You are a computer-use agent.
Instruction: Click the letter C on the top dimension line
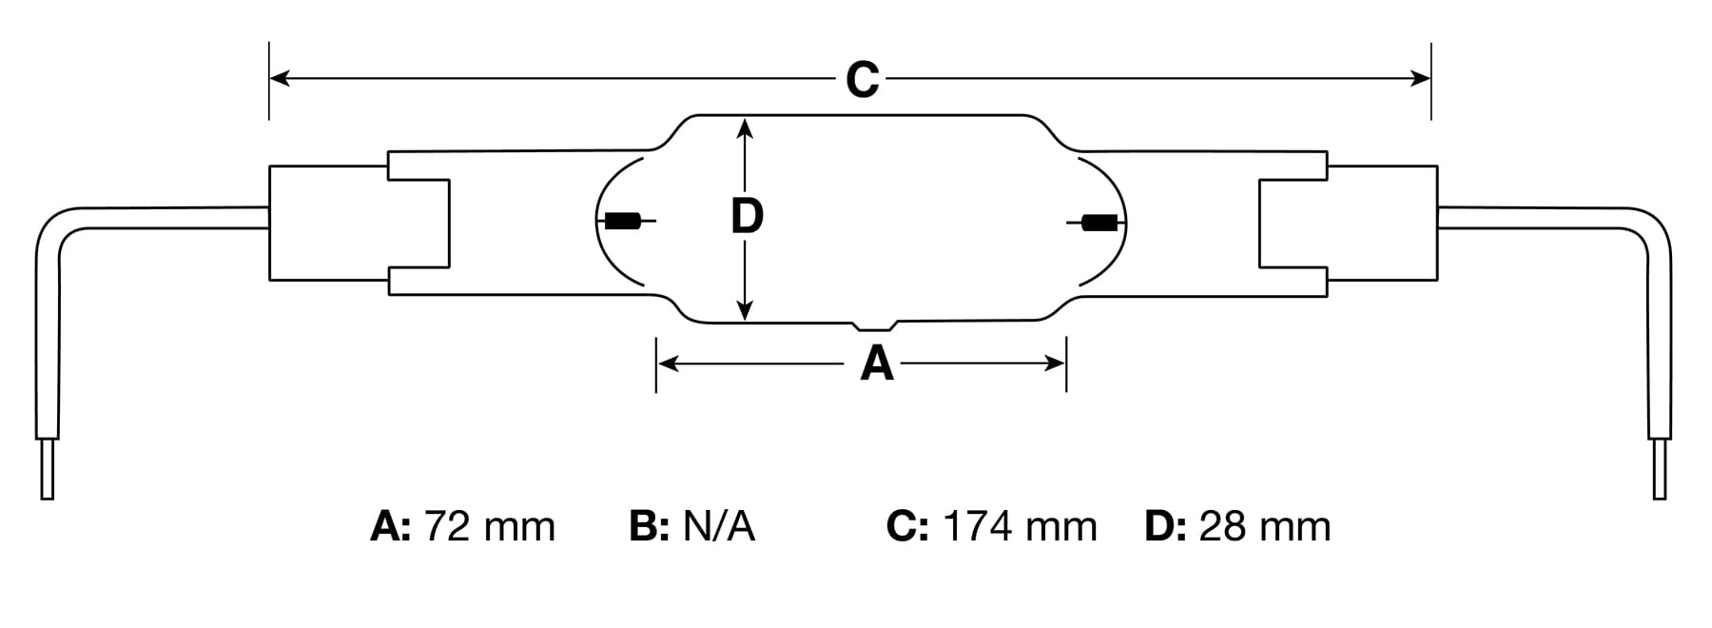click(x=863, y=79)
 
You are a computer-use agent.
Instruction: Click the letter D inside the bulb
click(x=747, y=216)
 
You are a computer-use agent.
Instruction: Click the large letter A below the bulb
click(x=877, y=363)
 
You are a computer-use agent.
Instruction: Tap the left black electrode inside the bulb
click(x=622, y=222)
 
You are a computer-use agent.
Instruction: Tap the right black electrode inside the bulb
click(x=1100, y=224)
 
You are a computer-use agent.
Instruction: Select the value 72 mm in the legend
click(x=489, y=526)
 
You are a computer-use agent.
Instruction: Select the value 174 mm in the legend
click(x=1020, y=526)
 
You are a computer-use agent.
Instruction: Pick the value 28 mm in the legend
click(x=1265, y=526)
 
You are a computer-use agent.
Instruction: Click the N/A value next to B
click(x=719, y=526)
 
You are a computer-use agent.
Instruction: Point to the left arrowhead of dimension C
click(x=280, y=78)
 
